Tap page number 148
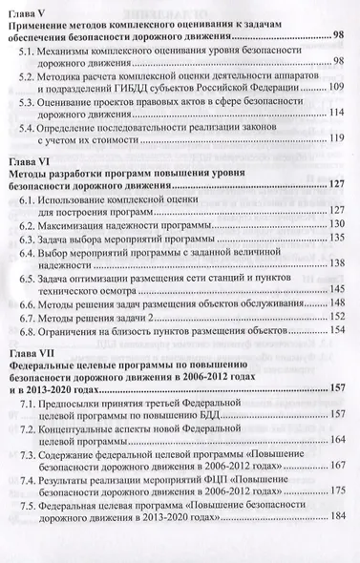336,309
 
